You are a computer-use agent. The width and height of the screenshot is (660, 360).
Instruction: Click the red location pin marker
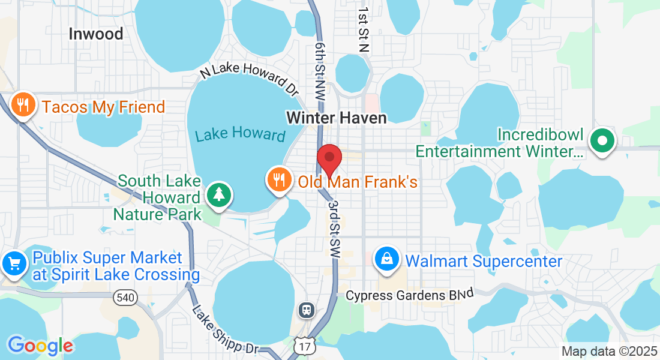pos(329,158)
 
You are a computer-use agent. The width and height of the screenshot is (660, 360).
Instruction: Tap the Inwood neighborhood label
pos(95,34)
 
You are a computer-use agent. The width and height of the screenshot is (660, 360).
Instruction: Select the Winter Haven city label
pos(337,117)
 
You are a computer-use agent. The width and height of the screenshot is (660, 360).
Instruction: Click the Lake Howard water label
pos(240,133)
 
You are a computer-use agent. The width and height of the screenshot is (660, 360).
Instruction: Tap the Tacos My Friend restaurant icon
pos(23,106)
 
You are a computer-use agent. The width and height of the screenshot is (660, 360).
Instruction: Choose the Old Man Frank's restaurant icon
pos(278,178)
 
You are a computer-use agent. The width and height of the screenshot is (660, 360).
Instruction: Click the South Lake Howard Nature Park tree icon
pos(219,194)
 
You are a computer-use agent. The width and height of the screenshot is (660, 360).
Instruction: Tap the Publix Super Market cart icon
pos(13,264)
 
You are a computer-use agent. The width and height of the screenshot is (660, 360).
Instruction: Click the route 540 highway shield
pos(127,296)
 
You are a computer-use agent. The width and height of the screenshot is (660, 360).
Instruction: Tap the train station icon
pos(306,310)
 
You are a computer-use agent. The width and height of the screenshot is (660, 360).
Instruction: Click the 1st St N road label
pos(362,30)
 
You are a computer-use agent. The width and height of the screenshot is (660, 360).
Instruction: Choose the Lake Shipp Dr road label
pos(225,329)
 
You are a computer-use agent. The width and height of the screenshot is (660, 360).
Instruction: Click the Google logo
pos(40,346)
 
